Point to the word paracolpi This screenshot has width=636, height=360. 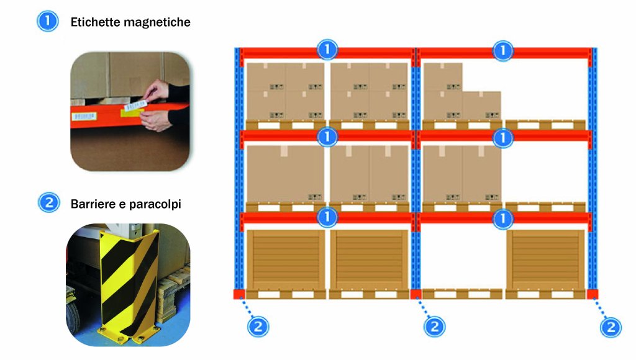157,204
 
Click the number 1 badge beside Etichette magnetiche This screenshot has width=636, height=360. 48,22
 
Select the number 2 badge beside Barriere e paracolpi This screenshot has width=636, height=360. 48,203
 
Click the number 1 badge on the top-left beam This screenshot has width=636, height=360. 327,49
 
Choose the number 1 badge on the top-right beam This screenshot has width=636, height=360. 503,50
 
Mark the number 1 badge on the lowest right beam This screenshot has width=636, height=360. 503,218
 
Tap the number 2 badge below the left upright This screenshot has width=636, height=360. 259,325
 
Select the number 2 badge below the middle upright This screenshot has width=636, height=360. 434,325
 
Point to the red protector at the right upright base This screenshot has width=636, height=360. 592,294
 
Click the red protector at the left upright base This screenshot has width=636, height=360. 238,294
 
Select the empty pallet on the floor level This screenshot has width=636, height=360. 462,294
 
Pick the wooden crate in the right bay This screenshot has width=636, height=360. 545,259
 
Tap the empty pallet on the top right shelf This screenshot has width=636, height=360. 545,125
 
